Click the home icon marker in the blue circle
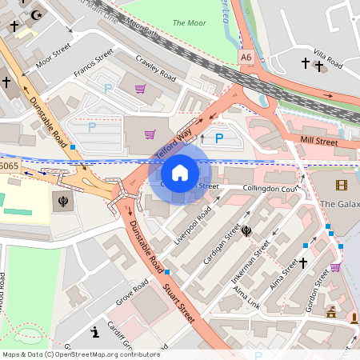coord(180,173)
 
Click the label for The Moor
coord(189,24)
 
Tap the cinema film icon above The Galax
coord(342,186)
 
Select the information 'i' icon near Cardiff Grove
coord(94,330)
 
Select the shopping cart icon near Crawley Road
coord(140,89)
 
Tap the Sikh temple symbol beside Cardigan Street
coord(246,231)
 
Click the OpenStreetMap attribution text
coord(81,354)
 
